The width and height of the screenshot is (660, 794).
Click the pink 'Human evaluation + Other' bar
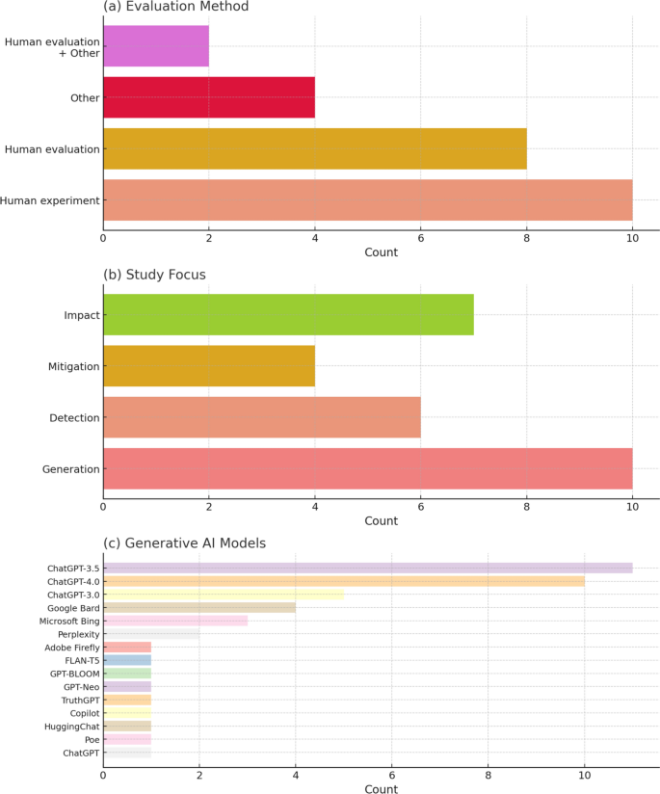pyautogui.click(x=156, y=46)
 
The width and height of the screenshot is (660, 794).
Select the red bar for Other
pyautogui.click(x=209, y=97)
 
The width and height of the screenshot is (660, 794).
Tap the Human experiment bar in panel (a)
pyautogui.click(x=367, y=199)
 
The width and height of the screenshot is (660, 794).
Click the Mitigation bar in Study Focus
pyautogui.click(x=209, y=366)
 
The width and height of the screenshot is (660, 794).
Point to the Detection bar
pyautogui.click(x=262, y=417)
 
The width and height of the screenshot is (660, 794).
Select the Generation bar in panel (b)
pyautogui.click(x=367, y=468)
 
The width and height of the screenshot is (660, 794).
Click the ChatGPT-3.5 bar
pyautogui.click(x=367, y=568)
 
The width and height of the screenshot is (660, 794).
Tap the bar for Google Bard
pyautogui.click(x=199, y=608)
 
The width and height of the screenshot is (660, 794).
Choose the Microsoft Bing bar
pyautogui.click(x=175, y=621)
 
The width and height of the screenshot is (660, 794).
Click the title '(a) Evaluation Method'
pyautogui.click(x=175, y=8)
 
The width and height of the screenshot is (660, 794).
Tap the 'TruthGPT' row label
pyautogui.click(x=77, y=700)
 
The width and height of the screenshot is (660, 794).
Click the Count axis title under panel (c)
pyautogui.click(x=381, y=788)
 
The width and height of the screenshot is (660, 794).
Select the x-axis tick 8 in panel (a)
pyautogui.click(x=526, y=237)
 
